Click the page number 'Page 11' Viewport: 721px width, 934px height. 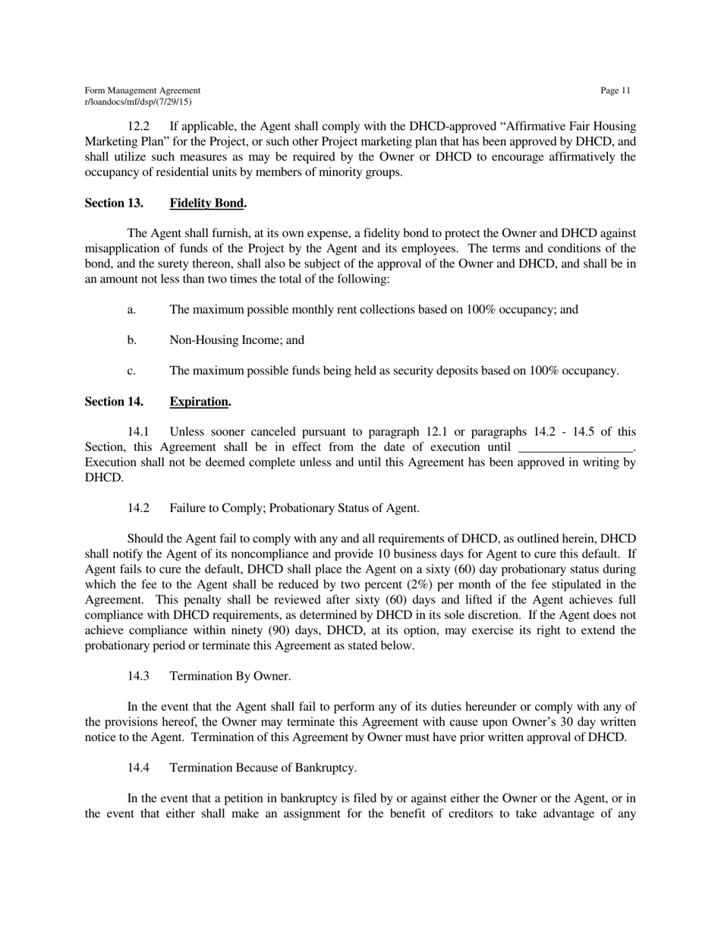point(615,91)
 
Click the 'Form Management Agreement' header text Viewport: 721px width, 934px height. point(143,91)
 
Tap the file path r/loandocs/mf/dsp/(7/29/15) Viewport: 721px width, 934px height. point(138,102)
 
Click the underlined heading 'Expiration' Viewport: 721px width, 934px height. point(199,401)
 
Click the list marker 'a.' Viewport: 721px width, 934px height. point(132,310)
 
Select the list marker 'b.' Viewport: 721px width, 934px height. point(132,340)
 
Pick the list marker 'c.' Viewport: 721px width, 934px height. point(132,371)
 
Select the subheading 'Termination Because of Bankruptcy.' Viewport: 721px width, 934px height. point(263,768)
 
